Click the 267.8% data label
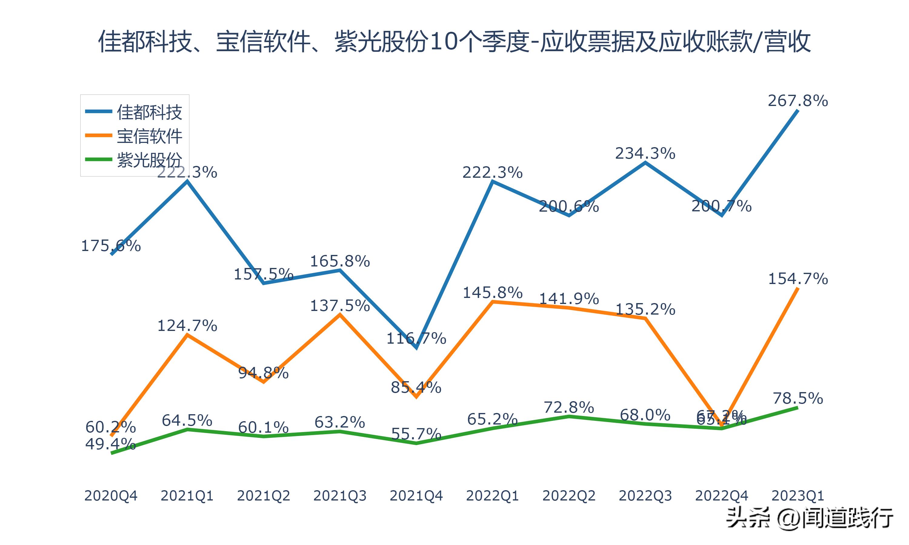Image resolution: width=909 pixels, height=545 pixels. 798,101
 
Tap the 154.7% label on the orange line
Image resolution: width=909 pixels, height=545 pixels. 798,279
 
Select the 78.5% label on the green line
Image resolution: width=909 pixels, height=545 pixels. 798,398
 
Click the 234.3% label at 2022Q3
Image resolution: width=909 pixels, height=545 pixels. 645,154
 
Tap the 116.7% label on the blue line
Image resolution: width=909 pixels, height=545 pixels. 416,338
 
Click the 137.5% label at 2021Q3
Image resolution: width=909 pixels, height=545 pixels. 340,306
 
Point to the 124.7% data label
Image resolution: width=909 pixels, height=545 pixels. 187,326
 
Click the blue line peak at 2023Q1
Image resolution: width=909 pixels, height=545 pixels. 797,111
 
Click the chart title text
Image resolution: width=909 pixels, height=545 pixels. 454,41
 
